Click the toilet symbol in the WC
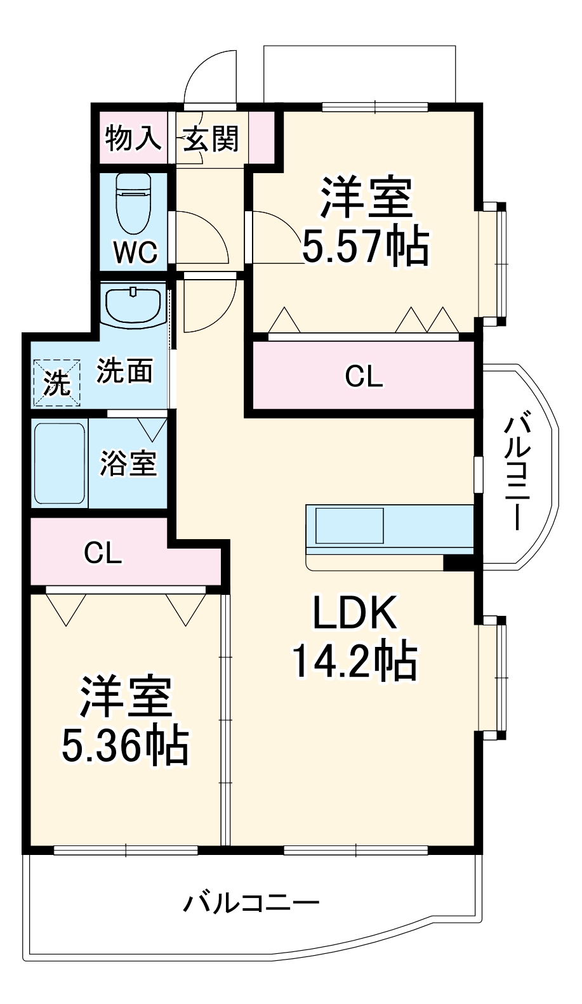(x=133, y=203)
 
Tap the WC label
(x=135, y=252)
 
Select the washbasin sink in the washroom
(x=133, y=304)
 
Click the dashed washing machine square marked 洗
(x=57, y=382)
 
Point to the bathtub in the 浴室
(x=59, y=464)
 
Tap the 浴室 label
(x=128, y=464)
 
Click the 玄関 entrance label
(x=211, y=138)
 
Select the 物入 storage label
(x=132, y=138)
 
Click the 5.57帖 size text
(x=365, y=246)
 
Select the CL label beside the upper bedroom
(x=364, y=377)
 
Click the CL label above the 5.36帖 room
(x=103, y=554)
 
